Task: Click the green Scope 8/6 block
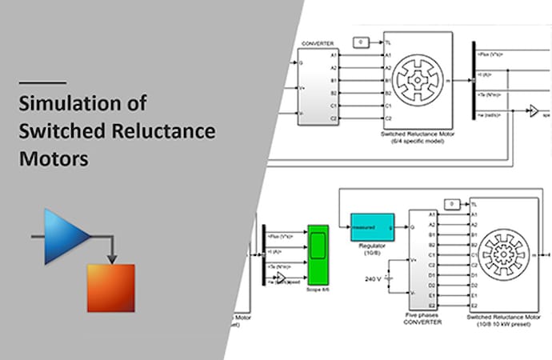318,252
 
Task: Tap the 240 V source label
371,278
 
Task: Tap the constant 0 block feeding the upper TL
362,41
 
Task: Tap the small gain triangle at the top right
534,112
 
